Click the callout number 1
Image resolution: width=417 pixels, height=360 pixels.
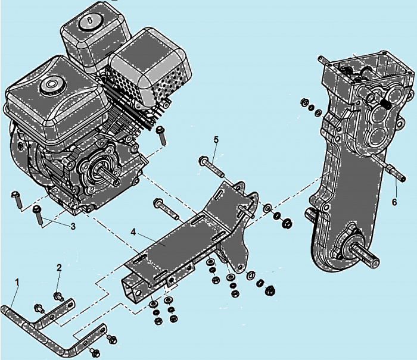pos(17,282)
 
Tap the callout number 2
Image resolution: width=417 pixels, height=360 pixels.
pos(59,268)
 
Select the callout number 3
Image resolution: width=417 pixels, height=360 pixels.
pos(73,227)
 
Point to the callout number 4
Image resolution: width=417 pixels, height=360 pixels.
pos(133,232)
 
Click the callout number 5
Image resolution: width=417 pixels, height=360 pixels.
pos(216,140)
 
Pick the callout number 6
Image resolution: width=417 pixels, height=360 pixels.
pos(394,202)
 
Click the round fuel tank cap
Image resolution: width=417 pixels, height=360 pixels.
pos(51,84)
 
